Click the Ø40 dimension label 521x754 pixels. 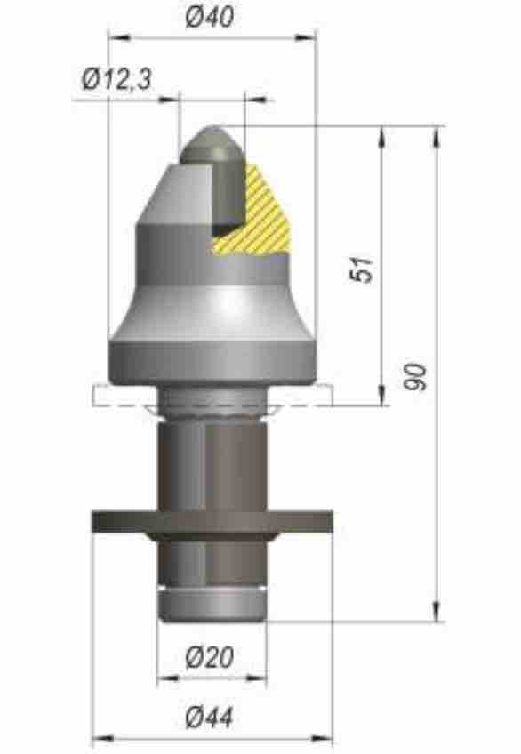(x=210, y=17)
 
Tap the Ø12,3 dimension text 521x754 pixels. (x=116, y=79)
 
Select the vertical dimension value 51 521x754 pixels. (x=362, y=269)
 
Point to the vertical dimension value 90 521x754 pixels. (x=415, y=377)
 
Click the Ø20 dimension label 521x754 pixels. (x=210, y=657)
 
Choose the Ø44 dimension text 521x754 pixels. (x=210, y=717)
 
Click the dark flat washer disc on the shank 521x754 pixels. (x=212, y=522)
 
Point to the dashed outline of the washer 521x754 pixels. (x=212, y=397)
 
